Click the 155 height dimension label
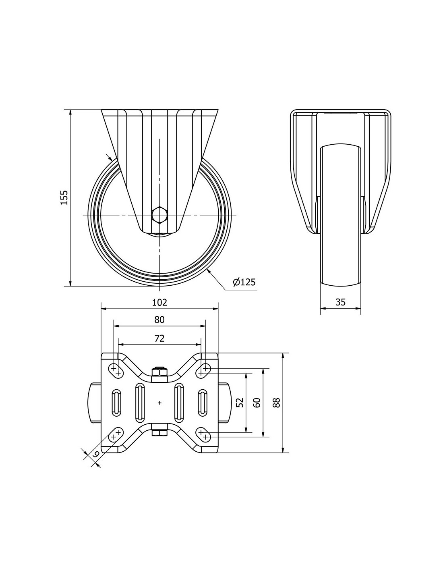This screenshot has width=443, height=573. (x=64, y=197)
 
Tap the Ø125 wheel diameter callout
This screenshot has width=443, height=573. (x=244, y=282)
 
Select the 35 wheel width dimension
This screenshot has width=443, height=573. (x=340, y=302)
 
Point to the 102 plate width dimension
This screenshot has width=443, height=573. (x=159, y=302)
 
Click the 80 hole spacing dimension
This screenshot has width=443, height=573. (x=159, y=320)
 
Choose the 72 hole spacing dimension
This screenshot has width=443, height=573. (x=159, y=338)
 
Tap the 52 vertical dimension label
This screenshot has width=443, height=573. (x=240, y=402)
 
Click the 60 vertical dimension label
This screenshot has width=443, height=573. (x=257, y=402)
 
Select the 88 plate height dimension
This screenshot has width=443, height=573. (x=276, y=402)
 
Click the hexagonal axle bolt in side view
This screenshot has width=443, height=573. (x=159, y=215)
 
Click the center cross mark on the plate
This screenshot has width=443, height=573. (x=159, y=402)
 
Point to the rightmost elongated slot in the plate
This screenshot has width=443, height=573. (x=202, y=402)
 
